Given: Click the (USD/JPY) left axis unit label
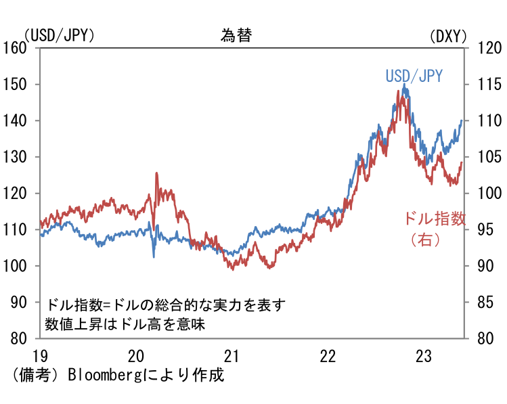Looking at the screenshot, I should (59, 36).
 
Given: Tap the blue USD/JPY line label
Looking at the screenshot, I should (414, 76).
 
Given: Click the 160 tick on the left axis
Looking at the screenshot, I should (15, 48).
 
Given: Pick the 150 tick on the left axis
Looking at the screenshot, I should (15, 85).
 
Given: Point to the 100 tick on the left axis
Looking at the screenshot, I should (15, 266).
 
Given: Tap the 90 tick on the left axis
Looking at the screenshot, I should (18, 302).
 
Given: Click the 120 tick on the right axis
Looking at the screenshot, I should (489, 48).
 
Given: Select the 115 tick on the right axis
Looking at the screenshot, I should (489, 85).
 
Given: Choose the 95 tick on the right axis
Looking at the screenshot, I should (486, 230).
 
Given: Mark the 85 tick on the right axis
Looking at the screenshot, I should (486, 302).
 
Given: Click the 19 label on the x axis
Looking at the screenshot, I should (40, 355).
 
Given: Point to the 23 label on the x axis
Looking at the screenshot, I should (424, 355).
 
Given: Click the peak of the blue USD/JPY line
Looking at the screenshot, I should (405, 85).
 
